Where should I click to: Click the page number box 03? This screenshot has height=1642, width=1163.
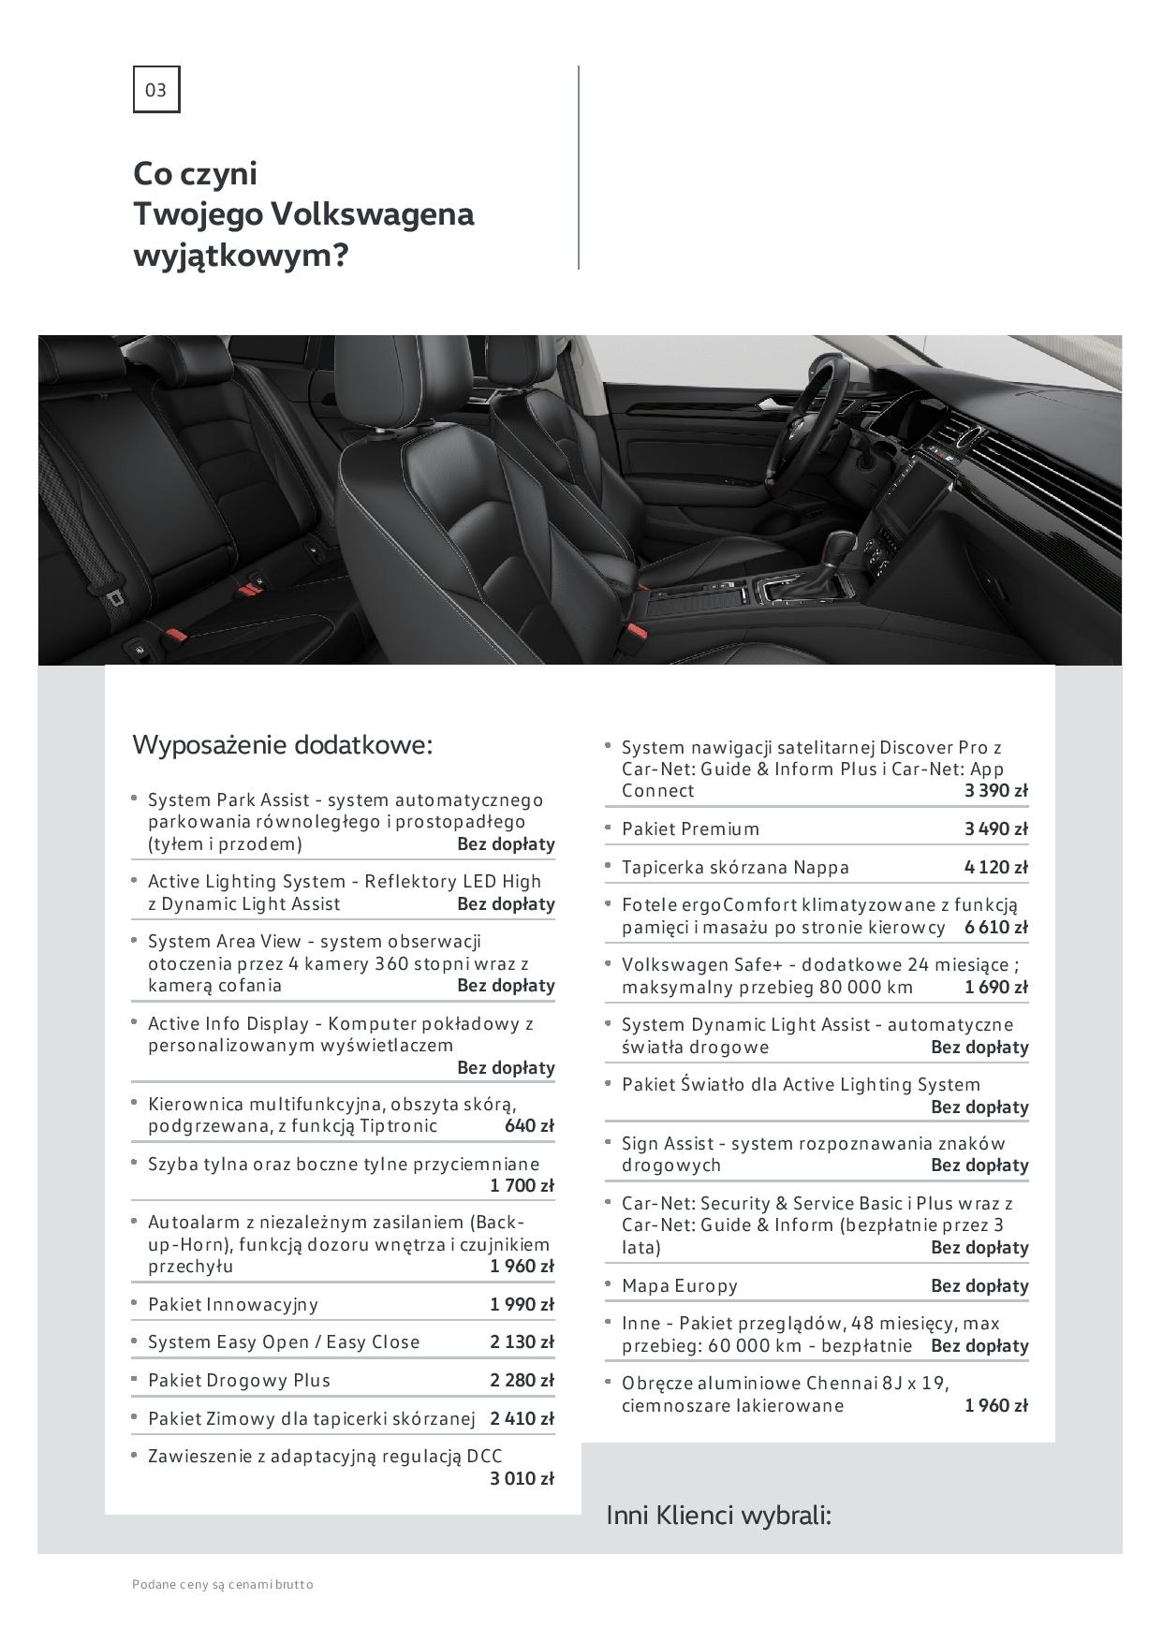pyautogui.click(x=155, y=90)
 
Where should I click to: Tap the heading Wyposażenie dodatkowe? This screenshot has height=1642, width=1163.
pyautogui.click(x=283, y=745)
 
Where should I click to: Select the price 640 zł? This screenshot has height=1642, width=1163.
pyautogui.click(x=529, y=1125)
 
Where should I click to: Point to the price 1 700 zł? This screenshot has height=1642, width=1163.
pyautogui.click(x=522, y=1186)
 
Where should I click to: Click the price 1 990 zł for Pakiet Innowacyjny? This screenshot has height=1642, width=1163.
pyautogui.click(x=522, y=1304)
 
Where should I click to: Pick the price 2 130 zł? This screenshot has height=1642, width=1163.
pyautogui.click(x=522, y=1341)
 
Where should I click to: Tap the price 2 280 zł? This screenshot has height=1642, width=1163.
pyautogui.click(x=522, y=1380)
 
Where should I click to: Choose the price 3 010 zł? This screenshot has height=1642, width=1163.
pyautogui.click(x=522, y=1478)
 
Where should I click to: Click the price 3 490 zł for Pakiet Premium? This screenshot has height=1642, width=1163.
pyautogui.click(x=996, y=828)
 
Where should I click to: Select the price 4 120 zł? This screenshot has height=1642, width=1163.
pyautogui.click(x=996, y=867)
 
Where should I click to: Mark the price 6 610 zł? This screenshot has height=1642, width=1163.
pyautogui.click(x=996, y=927)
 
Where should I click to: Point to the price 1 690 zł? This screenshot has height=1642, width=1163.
pyautogui.click(x=996, y=987)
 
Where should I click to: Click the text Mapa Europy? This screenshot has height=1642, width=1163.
pyautogui.click(x=680, y=1285)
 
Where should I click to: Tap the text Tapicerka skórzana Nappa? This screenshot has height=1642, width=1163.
pyautogui.click(x=735, y=867)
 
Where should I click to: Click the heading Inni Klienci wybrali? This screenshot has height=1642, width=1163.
pyautogui.click(x=719, y=1515)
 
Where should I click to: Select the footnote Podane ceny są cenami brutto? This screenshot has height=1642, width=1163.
pyautogui.click(x=223, y=1584)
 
